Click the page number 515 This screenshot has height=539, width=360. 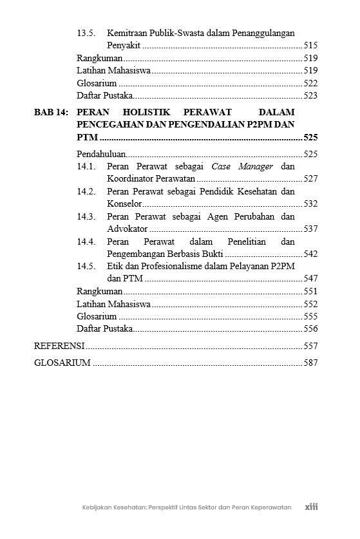[x=310, y=46]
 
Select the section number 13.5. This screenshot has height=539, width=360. [x=86, y=33]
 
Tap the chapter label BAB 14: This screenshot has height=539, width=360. [x=51, y=113]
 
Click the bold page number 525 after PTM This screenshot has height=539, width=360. [x=310, y=138]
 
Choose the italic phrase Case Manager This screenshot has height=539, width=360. [x=242, y=167]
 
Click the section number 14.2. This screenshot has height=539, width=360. [x=86, y=192]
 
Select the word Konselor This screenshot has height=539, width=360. [x=124, y=204]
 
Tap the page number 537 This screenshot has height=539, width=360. [x=310, y=229]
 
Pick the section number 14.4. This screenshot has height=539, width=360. [x=86, y=242]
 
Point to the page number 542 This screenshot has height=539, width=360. [x=310, y=254]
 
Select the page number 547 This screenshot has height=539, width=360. [x=310, y=279]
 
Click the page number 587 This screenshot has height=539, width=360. [x=310, y=363]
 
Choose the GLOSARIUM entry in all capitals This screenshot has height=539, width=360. [x=62, y=363]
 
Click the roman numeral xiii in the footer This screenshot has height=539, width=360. [x=312, y=507]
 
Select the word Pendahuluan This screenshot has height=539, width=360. [x=101, y=155]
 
